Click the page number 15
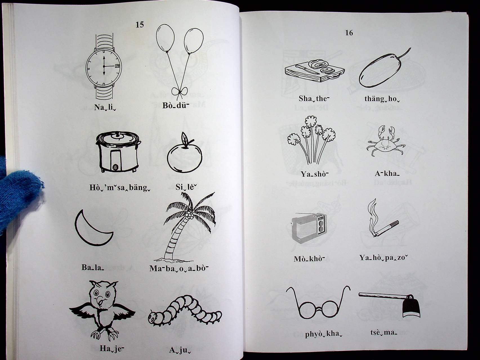click(x=140, y=25)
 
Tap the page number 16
click(x=349, y=33)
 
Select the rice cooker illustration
click(x=119, y=152)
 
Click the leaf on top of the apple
click(x=185, y=138)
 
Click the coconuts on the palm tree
click(x=190, y=216)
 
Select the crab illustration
click(x=386, y=140)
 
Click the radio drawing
click(x=309, y=228)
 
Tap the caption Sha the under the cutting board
click(x=314, y=99)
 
